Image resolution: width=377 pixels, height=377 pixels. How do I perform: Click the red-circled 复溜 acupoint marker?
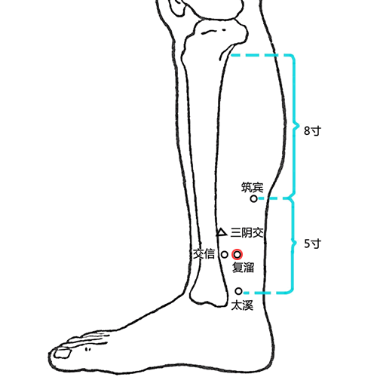tap(237, 255)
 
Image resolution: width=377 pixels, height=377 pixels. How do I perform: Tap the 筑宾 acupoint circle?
tap(254, 199)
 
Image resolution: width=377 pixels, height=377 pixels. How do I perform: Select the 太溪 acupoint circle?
tap(238, 291)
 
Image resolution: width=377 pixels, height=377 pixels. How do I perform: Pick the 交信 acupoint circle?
tap(225, 255)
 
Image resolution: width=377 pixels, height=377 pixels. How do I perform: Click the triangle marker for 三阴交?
tap(222, 232)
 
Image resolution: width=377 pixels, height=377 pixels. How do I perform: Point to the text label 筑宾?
tap(253, 188)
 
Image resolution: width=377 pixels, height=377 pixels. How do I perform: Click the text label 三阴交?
tap(247, 233)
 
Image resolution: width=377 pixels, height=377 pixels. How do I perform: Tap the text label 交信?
tap(204, 254)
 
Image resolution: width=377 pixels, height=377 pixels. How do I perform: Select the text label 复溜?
tap(243, 268)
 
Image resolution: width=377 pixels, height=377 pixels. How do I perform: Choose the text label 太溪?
tap(242, 305)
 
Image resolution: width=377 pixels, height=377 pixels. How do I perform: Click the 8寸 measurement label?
tap(312, 131)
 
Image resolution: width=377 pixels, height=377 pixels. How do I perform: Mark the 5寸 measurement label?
tap(313, 244)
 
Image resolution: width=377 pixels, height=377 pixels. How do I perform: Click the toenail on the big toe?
tap(63, 353)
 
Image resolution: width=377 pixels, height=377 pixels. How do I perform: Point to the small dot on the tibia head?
tap(224, 30)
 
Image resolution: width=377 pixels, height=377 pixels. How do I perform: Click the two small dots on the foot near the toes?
tap(87, 349)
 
